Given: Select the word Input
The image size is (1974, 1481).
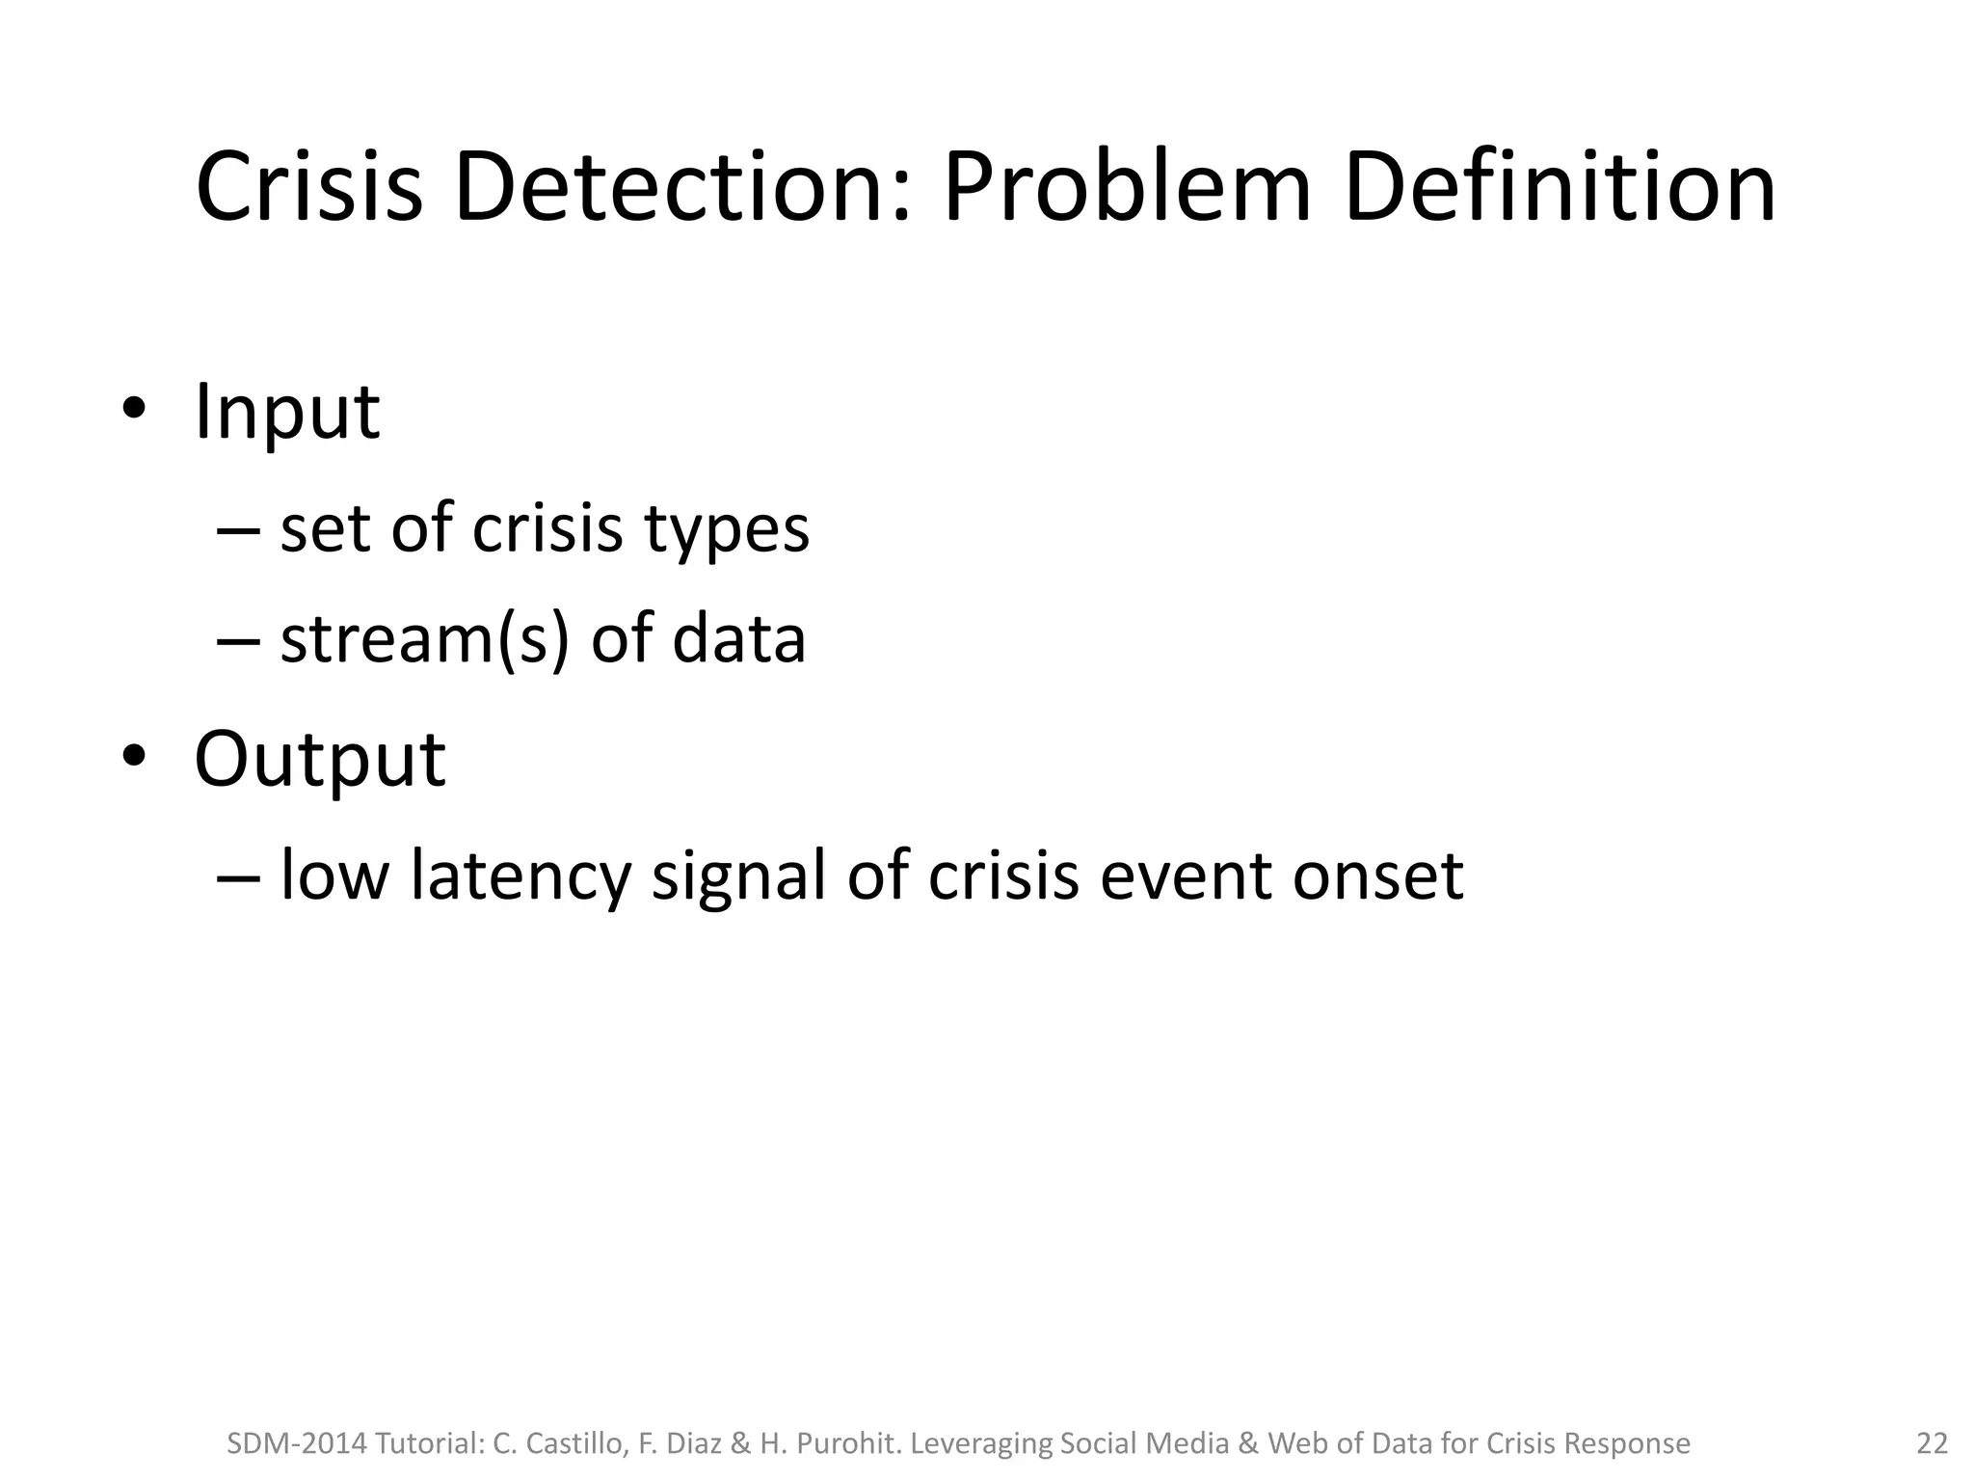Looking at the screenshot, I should click(x=286, y=413).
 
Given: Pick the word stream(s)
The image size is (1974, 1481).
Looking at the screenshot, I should click(x=424, y=639).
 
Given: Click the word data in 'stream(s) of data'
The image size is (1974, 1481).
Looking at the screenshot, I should click(x=738, y=639).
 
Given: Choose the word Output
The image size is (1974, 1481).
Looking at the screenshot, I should click(x=320, y=759).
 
